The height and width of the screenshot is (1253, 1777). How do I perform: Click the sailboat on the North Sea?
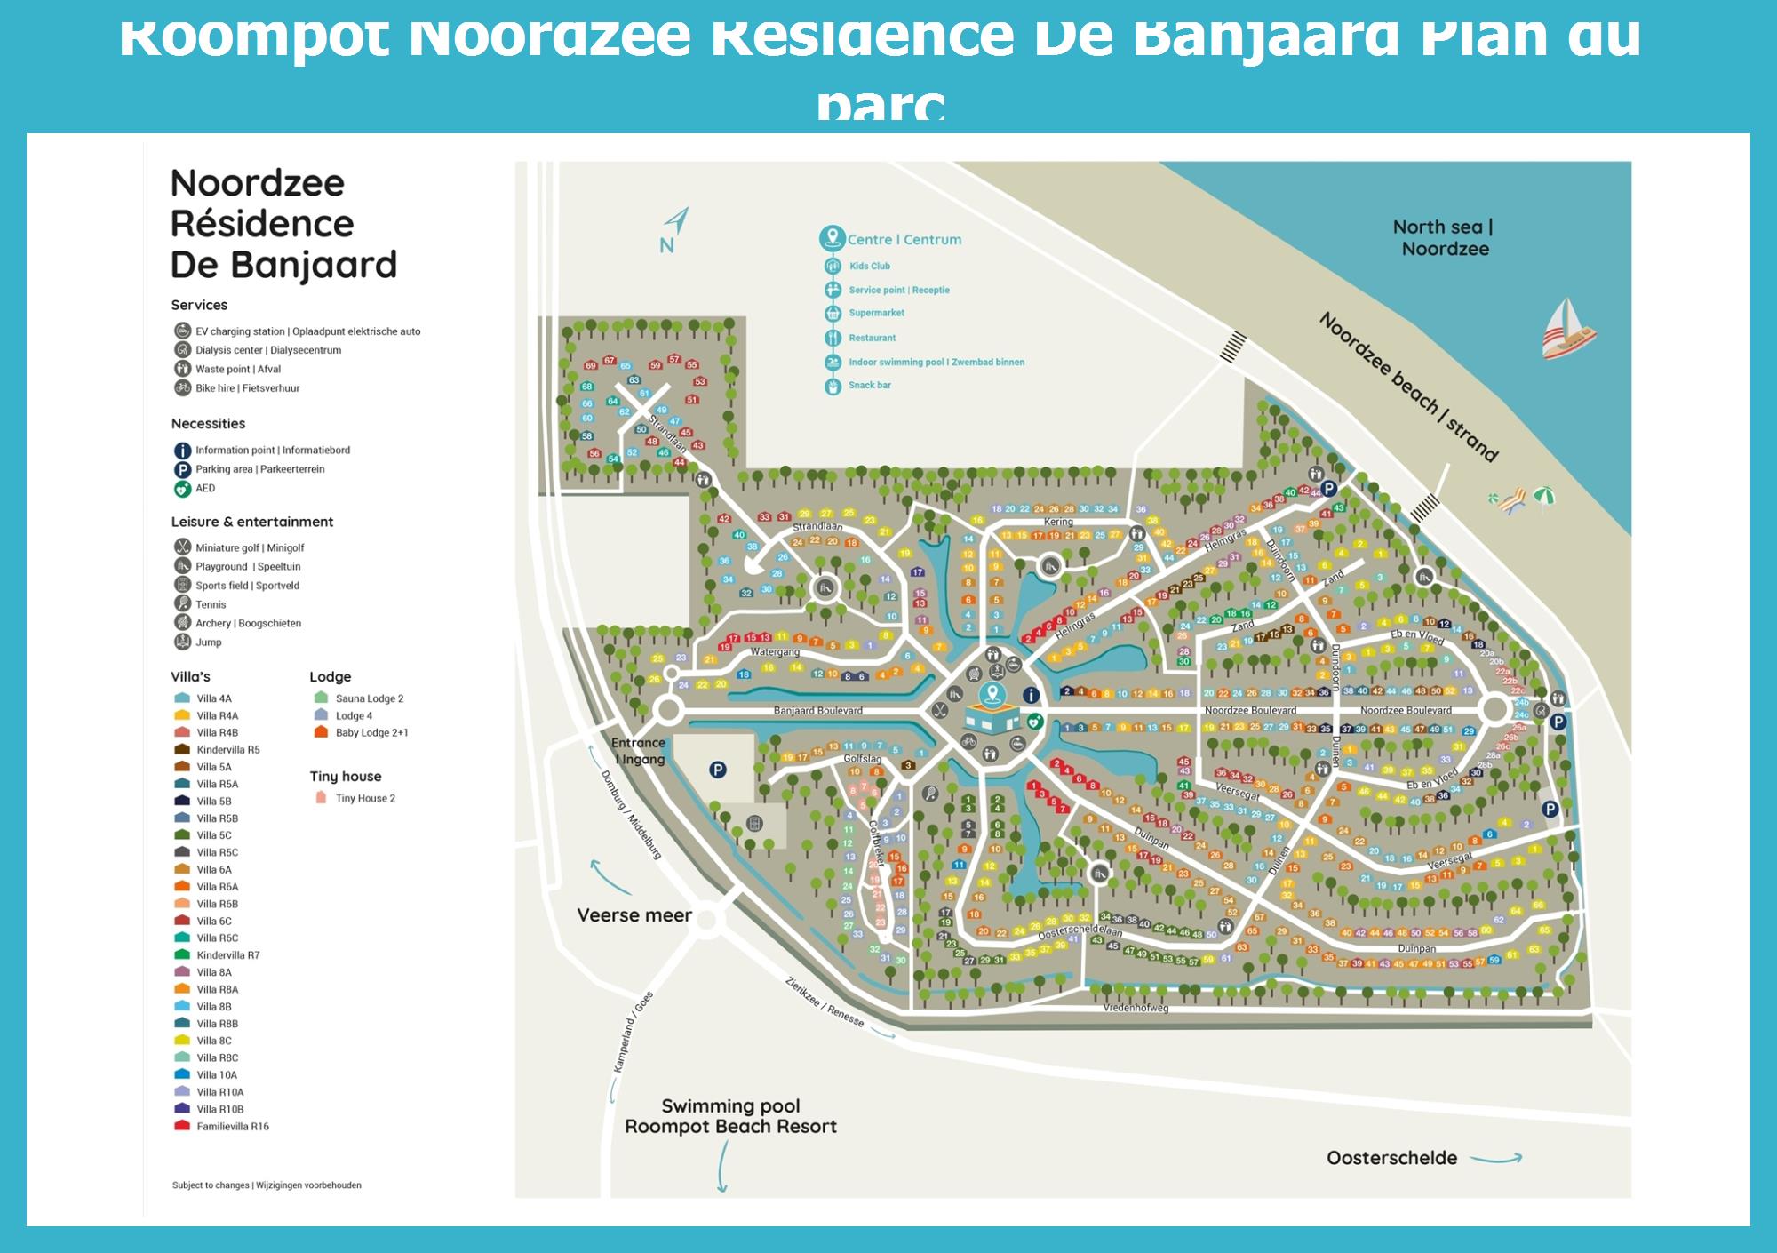pos(1568,328)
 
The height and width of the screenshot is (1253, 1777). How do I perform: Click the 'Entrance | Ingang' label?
pos(639,751)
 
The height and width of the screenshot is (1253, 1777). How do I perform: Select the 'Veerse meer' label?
pos(634,915)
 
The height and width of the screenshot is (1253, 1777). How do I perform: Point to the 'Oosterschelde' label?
pos(1391,1158)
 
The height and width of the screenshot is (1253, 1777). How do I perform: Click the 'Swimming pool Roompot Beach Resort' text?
pos(730,1116)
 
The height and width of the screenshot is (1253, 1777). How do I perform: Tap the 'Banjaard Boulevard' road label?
pos(817,711)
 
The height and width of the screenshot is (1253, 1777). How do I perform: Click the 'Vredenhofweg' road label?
pos(1136,1008)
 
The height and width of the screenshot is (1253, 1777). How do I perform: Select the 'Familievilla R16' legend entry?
pos(232,1127)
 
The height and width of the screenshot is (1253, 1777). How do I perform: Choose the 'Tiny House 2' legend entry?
pos(364,798)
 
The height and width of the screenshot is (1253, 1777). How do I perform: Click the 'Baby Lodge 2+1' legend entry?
pos(371,733)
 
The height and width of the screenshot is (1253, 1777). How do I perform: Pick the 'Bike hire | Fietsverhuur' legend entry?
pos(247,388)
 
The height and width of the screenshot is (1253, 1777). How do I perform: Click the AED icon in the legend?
pos(183,489)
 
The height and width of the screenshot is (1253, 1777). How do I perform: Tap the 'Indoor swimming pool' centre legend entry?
pos(936,363)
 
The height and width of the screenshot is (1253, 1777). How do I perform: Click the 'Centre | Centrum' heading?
pos(904,240)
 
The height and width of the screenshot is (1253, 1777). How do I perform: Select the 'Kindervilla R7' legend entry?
pos(227,955)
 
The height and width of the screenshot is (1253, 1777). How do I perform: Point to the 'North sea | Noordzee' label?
pos(1444,238)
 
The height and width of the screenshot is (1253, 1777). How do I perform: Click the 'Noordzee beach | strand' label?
pos(1408,387)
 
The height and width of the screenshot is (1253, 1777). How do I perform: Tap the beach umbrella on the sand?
pos(1544,496)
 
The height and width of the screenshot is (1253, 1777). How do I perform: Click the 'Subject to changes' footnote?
pos(267,1185)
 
